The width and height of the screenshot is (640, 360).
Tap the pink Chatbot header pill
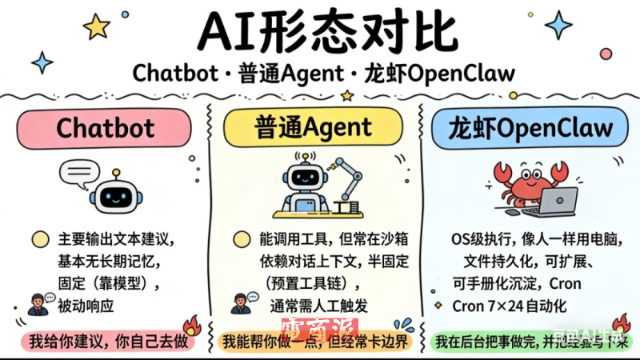(x=105, y=127)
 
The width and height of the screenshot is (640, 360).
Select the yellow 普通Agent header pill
(x=314, y=127)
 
